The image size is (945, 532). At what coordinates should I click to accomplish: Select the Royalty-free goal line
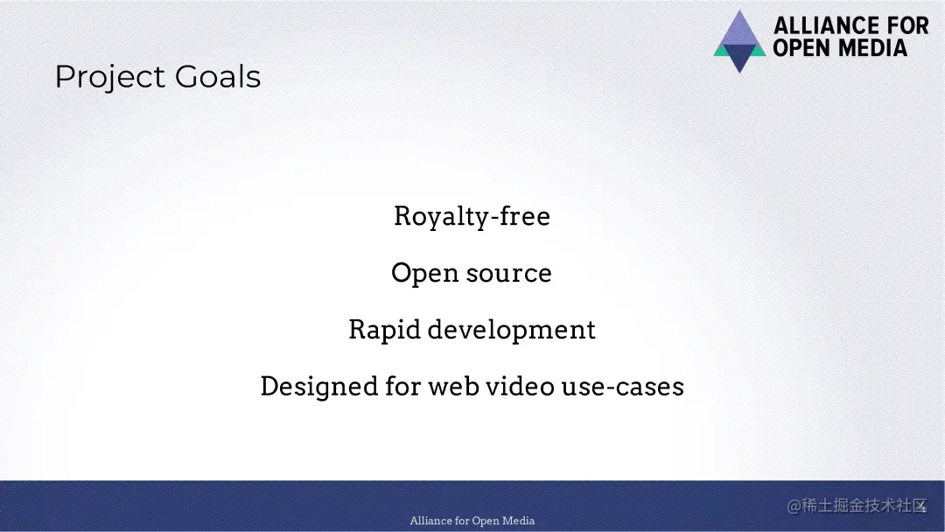click(x=472, y=217)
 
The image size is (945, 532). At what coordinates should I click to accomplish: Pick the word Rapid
click(x=384, y=331)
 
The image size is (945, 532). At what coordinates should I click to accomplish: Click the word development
click(x=511, y=330)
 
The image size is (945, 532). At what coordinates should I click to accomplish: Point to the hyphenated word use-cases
click(x=623, y=387)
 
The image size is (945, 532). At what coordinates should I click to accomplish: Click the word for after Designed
click(x=402, y=386)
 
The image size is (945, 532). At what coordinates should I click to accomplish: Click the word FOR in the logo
click(x=911, y=26)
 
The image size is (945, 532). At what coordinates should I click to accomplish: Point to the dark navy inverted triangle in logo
click(x=739, y=56)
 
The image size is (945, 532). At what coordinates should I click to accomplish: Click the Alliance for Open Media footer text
click(x=472, y=521)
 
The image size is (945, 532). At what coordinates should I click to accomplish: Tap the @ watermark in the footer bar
click(x=793, y=506)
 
